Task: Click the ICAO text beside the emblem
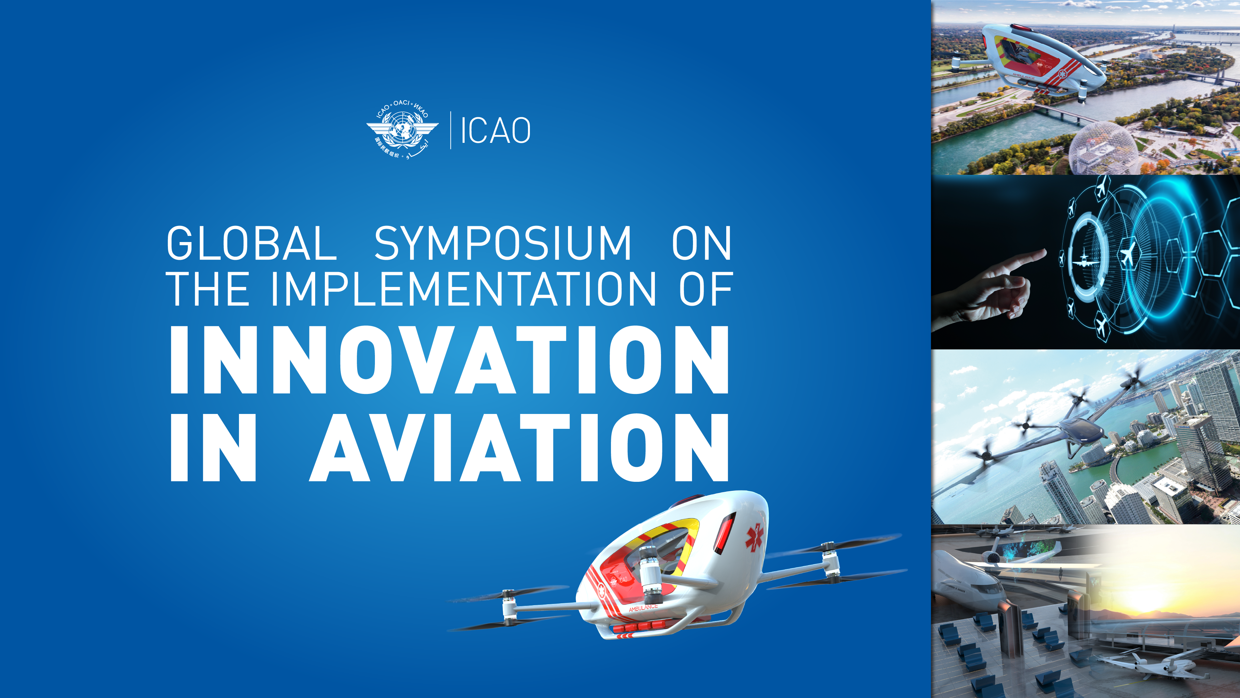coord(495,131)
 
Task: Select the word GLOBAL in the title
coord(251,243)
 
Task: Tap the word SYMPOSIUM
coord(502,243)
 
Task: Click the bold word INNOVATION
coord(449,360)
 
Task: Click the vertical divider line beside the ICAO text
coord(450,130)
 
